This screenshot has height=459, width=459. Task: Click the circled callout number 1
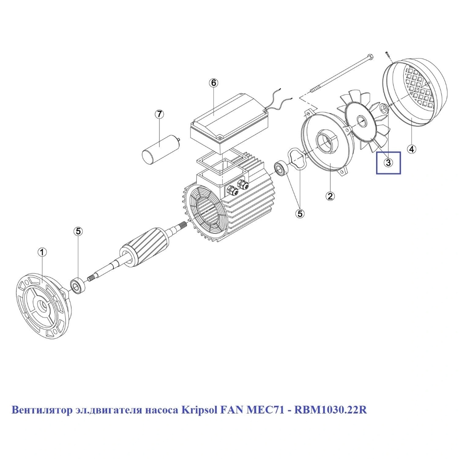(x=42, y=252)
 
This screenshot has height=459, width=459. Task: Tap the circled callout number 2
(x=330, y=196)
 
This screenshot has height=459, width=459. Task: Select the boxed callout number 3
(x=388, y=163)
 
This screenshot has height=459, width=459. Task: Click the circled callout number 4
(x=411, y=149)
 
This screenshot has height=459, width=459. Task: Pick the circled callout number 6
(x=213, y=83)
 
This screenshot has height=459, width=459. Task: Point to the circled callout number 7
(x=159, y=114)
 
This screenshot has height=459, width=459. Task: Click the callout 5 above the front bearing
(x=78, y=232)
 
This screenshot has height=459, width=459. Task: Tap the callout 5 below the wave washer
(x=300, y=214)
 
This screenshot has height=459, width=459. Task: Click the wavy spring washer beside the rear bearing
(x=297, y=159)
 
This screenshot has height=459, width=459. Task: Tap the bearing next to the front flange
(x=78, y=286)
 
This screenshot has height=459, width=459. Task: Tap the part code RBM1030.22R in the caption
(x=330, y=410)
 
